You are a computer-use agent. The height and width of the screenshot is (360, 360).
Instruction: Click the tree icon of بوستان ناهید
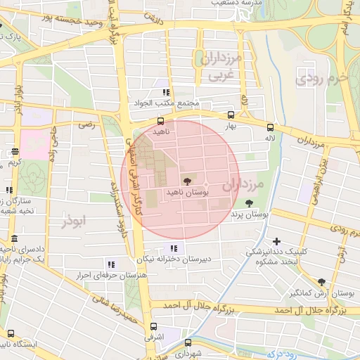(x=186, y=180)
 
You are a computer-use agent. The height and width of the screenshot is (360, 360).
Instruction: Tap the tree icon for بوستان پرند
(x=248, y=202)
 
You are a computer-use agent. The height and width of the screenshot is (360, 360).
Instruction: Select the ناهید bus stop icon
(x=161, y=121)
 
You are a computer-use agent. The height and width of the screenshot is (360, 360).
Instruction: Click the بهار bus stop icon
(x=231, y=115)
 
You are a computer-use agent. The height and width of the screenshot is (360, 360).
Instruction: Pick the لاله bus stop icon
(x=270, y=127)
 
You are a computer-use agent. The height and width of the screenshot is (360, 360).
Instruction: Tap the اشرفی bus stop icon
(x=154, y=326)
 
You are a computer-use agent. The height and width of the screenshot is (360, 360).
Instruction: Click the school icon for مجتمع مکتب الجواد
(x=167, y=92)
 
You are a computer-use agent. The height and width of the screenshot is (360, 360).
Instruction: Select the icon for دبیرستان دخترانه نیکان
(x=174, y=247)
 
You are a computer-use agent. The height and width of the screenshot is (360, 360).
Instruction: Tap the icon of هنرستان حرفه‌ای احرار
(x=110, y=264)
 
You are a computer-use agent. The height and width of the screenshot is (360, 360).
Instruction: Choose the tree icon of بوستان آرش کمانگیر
(x=321, y=281)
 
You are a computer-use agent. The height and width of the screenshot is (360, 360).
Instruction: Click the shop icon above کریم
(x=15, y=152)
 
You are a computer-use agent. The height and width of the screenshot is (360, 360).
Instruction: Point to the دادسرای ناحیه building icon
(x=15, y=239)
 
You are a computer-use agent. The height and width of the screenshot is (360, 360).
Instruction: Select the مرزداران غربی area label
(x=225, y=65)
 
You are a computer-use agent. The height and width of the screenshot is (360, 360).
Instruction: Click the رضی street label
(x=86, y=124)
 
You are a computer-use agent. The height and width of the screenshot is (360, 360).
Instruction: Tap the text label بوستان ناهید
(x=184, y=191)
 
